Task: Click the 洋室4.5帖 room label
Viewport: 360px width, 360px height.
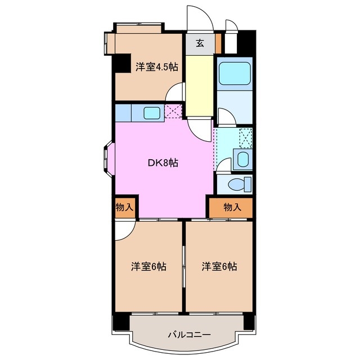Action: point(156,67)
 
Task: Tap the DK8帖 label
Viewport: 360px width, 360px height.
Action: point(163,163)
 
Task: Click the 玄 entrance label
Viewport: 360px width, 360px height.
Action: point(200,43)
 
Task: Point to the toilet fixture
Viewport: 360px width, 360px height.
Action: point(239,183)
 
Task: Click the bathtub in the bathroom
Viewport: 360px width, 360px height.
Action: point(234,73)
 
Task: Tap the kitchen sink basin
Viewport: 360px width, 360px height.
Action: point(152,112)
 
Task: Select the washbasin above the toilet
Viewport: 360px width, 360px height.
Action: point(243,159)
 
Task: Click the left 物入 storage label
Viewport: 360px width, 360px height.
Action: point(124,207)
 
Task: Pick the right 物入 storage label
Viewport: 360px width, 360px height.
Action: point(232,207)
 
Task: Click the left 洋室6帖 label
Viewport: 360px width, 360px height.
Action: point(148,266)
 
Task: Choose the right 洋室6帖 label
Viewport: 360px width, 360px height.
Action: point(219,266)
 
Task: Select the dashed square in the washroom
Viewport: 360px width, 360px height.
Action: point(246,137)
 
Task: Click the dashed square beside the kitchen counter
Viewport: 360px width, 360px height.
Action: point(174,112)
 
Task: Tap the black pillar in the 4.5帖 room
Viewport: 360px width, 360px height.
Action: point(120,63)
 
